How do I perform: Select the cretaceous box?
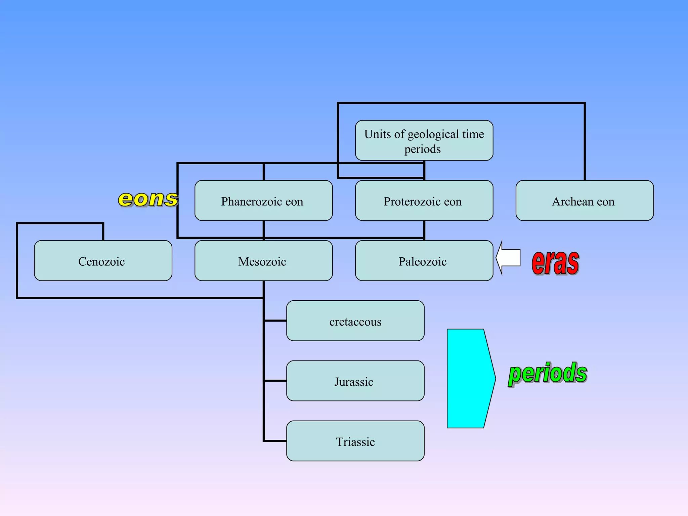pos(355,321)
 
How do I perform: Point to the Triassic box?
pos(355,441)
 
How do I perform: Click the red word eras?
pos(555,263)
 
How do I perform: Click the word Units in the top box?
pos(378,134)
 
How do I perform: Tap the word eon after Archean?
pos(606,202)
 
